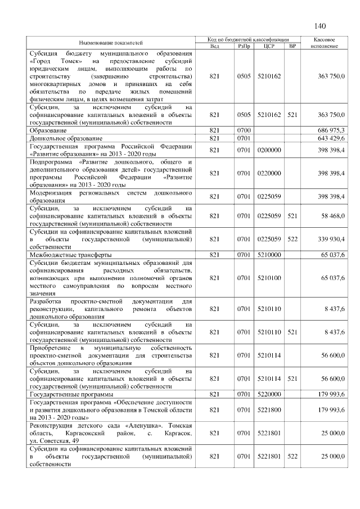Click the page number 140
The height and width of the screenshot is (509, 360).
pos(320,26)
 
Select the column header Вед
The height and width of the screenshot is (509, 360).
pos(214,46)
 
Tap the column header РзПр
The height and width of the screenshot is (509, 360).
pos(244,46)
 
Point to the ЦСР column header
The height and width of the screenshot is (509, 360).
pos(268,46)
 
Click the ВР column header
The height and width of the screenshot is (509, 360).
pos(291,46)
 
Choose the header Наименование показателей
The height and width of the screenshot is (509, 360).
pos(111,43)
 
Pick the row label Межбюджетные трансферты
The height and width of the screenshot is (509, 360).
pos(70,255)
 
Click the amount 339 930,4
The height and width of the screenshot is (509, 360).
pos(331,240)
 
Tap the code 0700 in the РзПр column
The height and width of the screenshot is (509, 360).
pos(244,130)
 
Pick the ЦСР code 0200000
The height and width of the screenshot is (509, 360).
pos(268,150)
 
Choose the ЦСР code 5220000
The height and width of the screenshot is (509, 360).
pos(268,395)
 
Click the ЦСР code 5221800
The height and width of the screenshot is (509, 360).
pos(268,411)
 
